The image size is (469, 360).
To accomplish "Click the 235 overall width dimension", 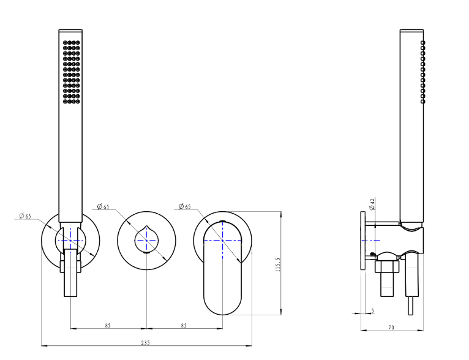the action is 145,343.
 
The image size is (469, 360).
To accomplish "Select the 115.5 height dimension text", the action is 278,264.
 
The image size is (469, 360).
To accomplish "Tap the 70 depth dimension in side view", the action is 391,328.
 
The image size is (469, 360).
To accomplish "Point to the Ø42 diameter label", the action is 372,204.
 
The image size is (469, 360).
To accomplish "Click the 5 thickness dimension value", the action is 373,310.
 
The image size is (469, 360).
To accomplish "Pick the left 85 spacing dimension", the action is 108,325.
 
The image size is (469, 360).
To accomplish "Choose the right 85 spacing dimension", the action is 184,325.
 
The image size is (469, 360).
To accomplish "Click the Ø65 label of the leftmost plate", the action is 25,216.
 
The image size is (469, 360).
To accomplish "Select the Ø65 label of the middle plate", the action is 103,206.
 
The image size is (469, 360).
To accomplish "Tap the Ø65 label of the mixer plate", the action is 184,206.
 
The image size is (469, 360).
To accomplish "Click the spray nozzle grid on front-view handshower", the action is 72,72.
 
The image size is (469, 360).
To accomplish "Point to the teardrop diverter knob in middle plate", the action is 146,239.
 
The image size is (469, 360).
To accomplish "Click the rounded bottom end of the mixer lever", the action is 222,307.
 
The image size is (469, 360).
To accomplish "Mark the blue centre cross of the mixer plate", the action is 222,241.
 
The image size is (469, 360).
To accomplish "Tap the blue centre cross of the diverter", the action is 146,241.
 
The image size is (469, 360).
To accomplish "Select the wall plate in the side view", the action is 363,241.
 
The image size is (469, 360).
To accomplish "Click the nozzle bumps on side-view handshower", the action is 422,72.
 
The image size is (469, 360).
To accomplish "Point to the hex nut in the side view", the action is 388,266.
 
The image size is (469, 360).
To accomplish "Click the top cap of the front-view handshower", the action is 70,30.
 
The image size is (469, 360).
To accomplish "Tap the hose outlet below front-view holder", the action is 70,273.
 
